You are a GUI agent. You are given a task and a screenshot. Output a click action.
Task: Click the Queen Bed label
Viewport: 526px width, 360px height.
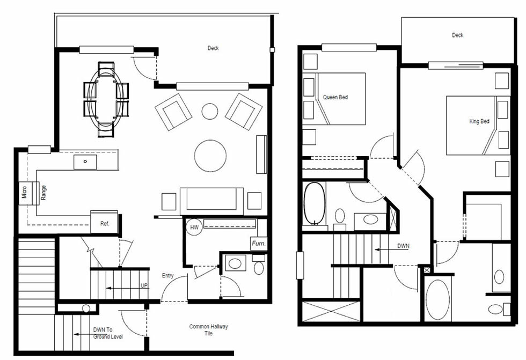tap(335, 97)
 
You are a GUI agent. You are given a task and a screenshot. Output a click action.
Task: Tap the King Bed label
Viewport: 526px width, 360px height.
tap(479, 122)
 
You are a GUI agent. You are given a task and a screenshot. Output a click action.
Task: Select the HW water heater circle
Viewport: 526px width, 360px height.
tap(194, 227)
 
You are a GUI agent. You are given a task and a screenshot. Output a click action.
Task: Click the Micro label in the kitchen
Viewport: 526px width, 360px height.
tap(24, 192)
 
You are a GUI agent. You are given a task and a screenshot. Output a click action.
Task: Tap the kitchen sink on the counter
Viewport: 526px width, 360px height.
tap(85, 161)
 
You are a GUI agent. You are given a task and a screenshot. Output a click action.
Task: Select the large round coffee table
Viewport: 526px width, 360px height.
tap(210, 156)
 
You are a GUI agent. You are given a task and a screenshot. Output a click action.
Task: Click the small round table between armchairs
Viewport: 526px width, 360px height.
tap(209, 112)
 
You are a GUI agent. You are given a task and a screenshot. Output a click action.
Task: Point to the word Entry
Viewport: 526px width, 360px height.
tap(168, 276)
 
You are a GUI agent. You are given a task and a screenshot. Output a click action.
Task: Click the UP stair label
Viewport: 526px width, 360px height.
tap(144, 286)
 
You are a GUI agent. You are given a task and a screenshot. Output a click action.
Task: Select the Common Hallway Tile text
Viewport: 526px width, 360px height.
tap(208, 330)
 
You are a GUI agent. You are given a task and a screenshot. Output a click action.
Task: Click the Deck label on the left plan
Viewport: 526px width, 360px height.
tap(213, 48)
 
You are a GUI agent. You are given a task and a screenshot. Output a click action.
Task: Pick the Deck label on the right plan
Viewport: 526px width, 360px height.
tap(457, 35)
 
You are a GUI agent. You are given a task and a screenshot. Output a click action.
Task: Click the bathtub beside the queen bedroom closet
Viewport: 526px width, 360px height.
tap(315, 204)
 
